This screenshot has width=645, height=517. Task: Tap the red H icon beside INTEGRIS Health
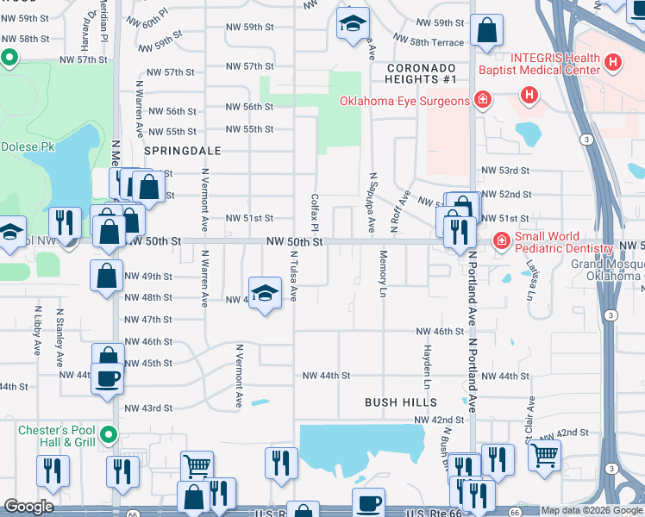coord(612,62)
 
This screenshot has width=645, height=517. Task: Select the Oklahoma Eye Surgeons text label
coord(404,101)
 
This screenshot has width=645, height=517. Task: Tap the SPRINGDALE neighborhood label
coord(182,150)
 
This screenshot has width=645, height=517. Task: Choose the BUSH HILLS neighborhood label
coord(401,402)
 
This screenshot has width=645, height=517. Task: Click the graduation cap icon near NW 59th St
coord(352,24)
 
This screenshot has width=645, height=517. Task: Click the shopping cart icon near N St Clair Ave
coord(544,453)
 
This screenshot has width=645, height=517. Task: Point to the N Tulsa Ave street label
coord(293,276)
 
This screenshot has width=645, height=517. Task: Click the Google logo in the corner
coord(28,507)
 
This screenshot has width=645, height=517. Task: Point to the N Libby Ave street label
coord(38,330)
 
